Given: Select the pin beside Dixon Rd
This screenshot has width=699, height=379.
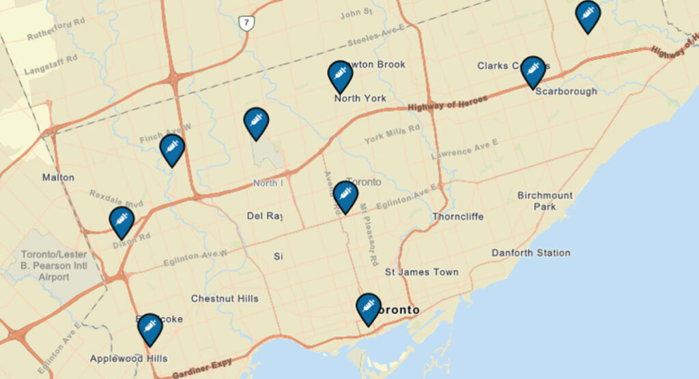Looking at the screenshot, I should pos(122,221).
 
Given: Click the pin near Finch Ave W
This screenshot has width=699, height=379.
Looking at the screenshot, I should pos(172,149).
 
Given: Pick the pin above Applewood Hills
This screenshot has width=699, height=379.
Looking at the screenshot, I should pos(149,328).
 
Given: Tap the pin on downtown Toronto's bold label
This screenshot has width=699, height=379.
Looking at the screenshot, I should pos(368,308).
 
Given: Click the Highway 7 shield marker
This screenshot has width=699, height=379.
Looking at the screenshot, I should pos(246,23).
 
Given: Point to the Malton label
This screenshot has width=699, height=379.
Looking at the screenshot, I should pos(58,177).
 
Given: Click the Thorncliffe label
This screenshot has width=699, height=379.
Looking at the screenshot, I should pos(458,217).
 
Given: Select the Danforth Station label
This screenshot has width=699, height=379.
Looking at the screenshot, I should pos(531,253).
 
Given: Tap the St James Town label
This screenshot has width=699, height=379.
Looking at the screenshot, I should pos(422,272).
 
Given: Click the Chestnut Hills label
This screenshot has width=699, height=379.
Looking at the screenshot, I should pos(225,299).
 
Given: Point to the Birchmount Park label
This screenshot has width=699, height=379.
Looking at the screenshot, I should pos(545,201).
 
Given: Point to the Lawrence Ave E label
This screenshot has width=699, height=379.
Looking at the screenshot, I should pos(464,148).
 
